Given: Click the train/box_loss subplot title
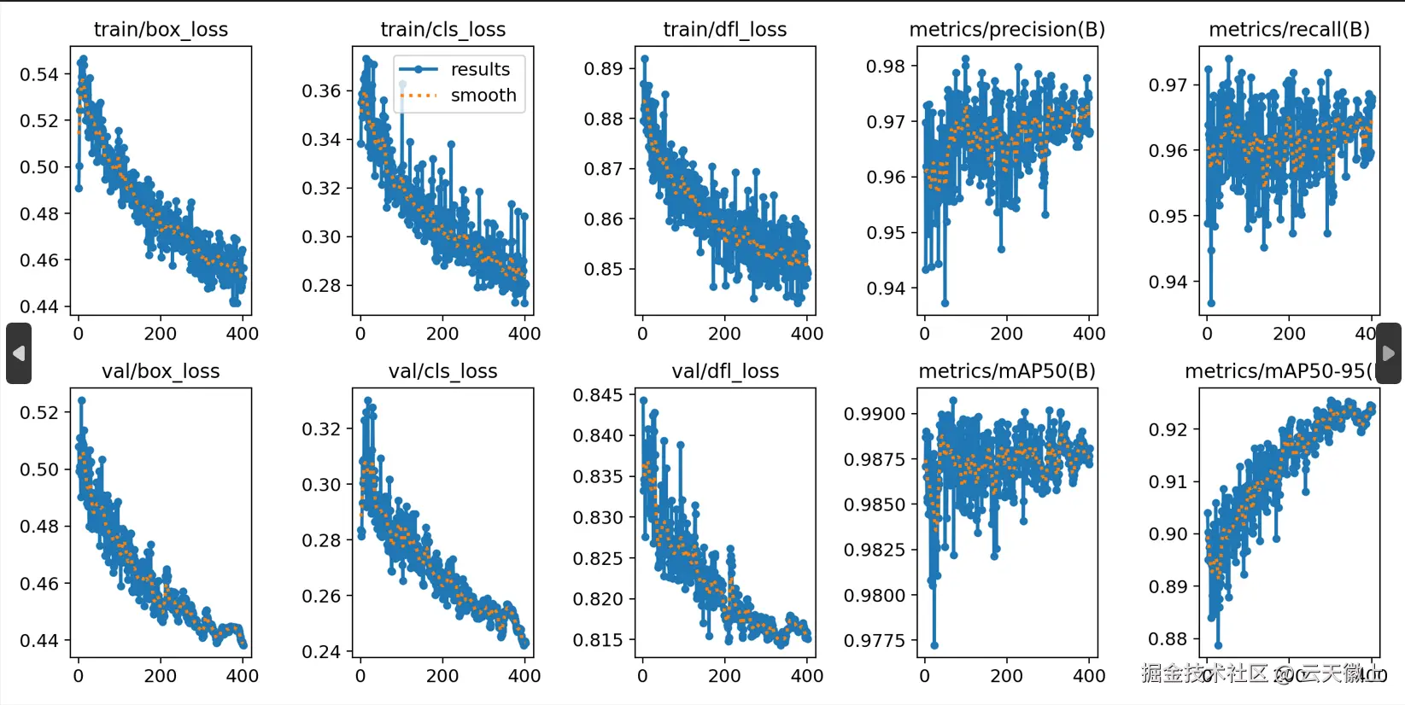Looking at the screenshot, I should [x=161, y=30].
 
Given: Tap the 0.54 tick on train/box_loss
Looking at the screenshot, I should [x=39, y=74].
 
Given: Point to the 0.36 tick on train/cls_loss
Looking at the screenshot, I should [x=321, y=91].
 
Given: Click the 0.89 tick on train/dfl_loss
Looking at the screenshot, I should [x=603, y=69].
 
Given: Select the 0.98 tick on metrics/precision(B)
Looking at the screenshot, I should [x=886, y=67].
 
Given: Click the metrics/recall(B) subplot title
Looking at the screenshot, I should [x=1289, y=30].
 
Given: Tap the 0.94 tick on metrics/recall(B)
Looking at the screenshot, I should [x=1168, y=282].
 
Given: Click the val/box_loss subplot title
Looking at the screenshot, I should [x=161, y=371].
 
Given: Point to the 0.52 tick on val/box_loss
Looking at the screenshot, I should [x=39, y=413].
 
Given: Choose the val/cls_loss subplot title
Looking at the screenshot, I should [x=442, y=371].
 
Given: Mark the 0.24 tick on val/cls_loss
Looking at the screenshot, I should [x=321, y=652].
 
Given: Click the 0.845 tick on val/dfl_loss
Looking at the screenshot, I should [x=598, y=395].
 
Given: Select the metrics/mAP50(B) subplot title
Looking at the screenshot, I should [x=1006, y=371].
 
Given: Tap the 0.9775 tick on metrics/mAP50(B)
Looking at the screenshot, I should [x=875, y=640].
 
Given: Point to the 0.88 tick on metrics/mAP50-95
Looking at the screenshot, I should [x=1168, y=639].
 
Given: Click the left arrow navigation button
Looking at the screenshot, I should [x=19, y=352].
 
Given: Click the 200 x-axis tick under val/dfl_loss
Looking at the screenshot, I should [x=724, y=676].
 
